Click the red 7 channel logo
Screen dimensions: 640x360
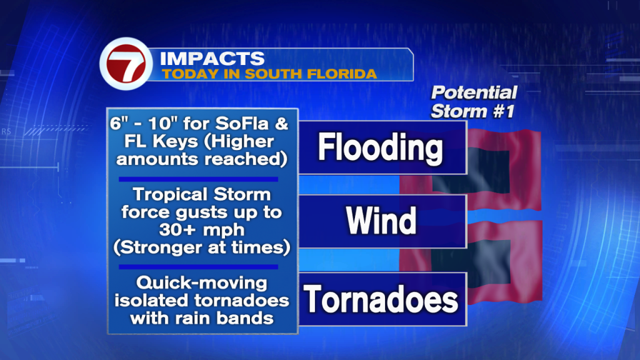click(126, 64)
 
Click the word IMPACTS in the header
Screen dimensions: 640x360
click(212, 59)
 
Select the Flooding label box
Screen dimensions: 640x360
click(382, 147)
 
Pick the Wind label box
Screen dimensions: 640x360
click(382, 221)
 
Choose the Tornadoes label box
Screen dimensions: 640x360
click(382, 299)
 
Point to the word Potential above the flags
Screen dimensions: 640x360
click(474, 93)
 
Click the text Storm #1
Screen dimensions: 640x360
click(472, 111)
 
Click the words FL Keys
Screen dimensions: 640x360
click(161, 141)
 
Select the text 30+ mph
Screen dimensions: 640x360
click(202, 230)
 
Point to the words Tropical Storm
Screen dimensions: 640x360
click(202, 194)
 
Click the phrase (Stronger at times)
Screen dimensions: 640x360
click(202, 247)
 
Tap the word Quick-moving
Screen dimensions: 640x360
click(202, 282)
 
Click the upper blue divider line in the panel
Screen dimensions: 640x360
click(198, 179)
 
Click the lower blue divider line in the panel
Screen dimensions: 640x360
click(198, 267)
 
